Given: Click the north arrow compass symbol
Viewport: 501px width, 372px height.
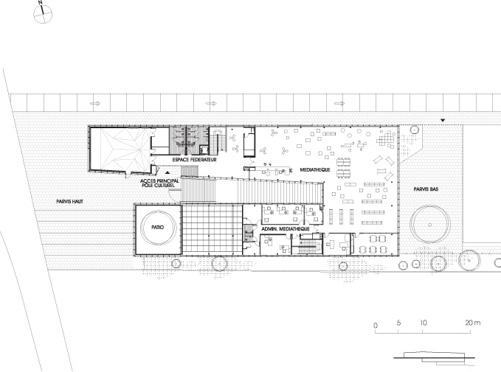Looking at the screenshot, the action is pyautogui.click(x=43, y=13).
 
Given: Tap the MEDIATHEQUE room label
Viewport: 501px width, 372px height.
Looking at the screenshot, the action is pyautogui.click(x=315, y=169).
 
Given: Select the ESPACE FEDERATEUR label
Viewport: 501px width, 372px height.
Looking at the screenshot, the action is pyautogui.click(x=194, y=160).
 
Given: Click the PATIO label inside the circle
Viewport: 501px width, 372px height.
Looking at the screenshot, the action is pyautogui.click(x=158, y=227).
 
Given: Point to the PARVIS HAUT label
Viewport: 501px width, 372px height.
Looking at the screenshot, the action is pyautogui.click(x=69, y=202).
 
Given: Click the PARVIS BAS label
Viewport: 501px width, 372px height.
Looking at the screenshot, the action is pyautogui.click(x=426, y=189).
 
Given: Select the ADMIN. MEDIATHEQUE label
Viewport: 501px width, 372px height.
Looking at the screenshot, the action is pyautogui.click(x=286, y=229).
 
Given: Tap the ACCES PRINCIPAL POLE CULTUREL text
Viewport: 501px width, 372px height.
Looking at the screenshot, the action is pyautogui.click(x=159, y=183).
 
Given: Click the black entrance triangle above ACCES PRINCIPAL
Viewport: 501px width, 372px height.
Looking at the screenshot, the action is pyautogui.click(x=167, y=172).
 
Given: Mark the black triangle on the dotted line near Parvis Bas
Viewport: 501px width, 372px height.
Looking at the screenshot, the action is pyautogui.click(x=443, y=120).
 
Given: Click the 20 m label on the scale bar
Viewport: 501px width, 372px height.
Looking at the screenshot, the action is pyautogui.click(x=472, y=323).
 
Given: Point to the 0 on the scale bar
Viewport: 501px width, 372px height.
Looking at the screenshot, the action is pyautogui.click(x=376, y=326).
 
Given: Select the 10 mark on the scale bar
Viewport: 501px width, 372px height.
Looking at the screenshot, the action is pyautogui.click(x=424, y=323).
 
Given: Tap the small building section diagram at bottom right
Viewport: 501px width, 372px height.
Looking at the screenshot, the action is pyautogui.click(x=434, y=358).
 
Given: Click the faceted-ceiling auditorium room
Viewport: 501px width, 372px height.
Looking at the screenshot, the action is pyautogui.click(x=120, y=149).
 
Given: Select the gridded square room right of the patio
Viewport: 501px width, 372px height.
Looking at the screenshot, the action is pyautogui.click(x=212, y=230).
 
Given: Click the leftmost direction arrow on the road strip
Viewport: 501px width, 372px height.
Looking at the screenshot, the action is pyautogui.click(x=95, y=103).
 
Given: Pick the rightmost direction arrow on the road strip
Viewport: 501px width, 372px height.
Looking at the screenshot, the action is pyautogui.click(x=339, y=103).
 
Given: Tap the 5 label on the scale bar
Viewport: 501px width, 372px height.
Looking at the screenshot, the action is pyautogui.click(x=398, y=323).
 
